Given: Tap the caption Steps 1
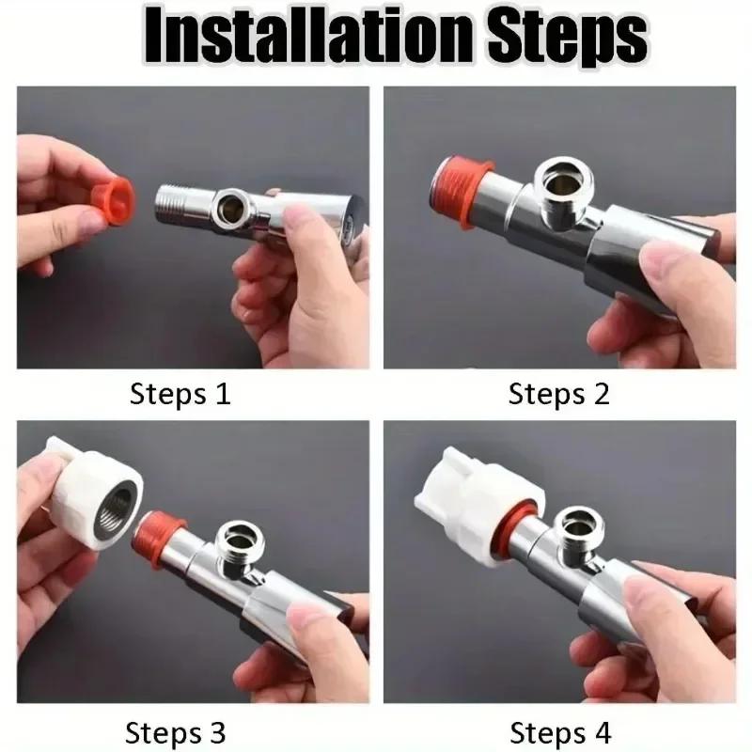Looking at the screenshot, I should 180,393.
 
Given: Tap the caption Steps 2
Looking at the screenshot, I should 559,393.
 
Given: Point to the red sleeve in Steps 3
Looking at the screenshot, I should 160,540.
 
